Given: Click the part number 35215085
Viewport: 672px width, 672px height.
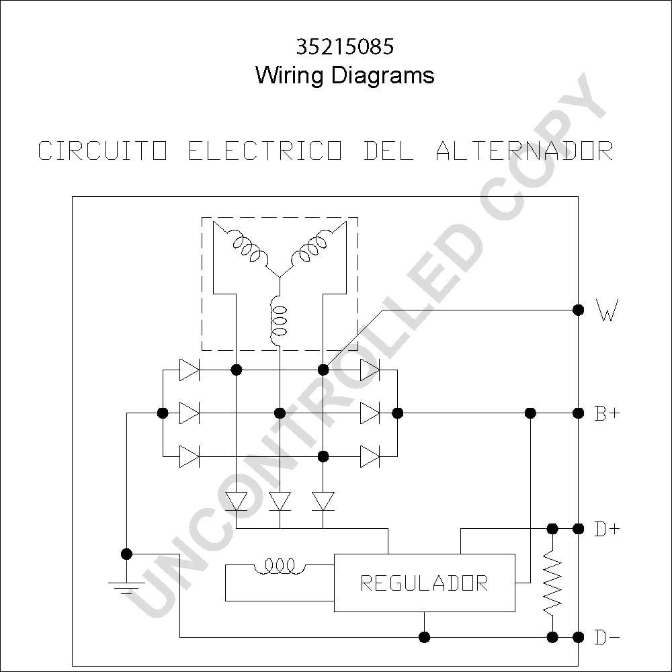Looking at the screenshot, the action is point(345,47).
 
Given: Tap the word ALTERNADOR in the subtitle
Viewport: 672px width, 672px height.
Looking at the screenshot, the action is point(525,151).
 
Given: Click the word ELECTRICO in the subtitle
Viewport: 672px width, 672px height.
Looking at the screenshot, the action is point(265,151).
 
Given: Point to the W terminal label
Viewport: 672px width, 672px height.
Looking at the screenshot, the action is point(607,310).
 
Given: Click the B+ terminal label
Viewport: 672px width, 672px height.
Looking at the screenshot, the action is point(607,413).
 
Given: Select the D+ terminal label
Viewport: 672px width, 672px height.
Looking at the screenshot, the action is point(607,530).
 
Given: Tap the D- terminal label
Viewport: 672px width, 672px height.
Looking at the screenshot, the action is point(607,638).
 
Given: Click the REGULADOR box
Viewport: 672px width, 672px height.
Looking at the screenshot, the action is point(424,583).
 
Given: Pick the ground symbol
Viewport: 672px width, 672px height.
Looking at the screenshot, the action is point(126,588).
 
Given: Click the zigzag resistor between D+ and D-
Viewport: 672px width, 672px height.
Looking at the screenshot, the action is point(553,583).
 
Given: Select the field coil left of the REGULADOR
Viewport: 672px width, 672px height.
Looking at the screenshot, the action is point(280,566).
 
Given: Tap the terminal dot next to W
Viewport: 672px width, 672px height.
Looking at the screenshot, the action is point(578,310).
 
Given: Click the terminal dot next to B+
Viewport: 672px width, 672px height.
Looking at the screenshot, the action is point(578,413).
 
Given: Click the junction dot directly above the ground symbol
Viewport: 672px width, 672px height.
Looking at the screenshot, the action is point(126,554).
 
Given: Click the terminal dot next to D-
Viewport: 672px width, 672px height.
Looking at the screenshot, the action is point(578,637).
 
